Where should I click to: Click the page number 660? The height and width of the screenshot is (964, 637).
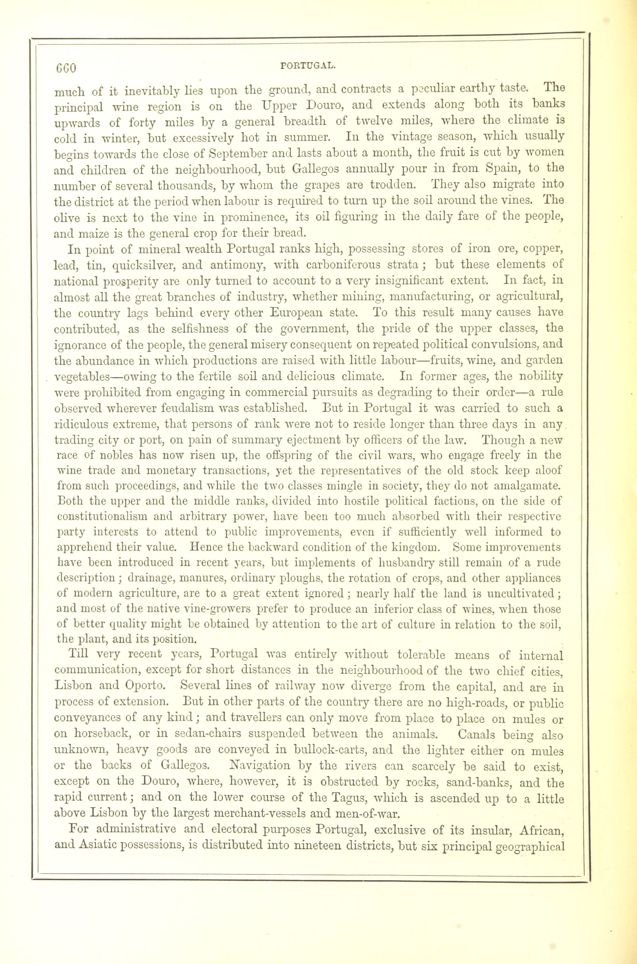pos(65,67)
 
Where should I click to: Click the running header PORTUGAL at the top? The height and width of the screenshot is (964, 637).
pos(308,65)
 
